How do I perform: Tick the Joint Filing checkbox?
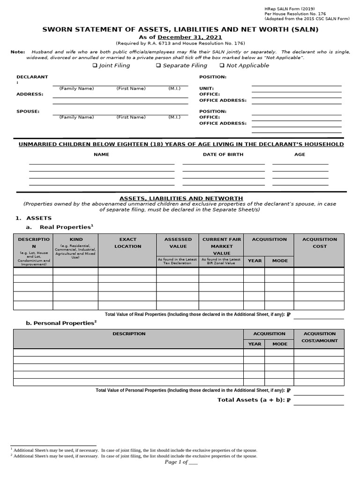tap(95, 66)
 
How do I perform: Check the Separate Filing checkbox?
tap(158, 66)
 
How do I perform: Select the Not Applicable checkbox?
tap(222, 66)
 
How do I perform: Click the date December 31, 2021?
tap(190, 37)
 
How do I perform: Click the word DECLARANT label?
tap(32, 77)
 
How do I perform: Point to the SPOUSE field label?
tap(28, 112)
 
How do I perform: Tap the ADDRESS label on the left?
tap(30, 94)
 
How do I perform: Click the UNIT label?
tap(206, 89)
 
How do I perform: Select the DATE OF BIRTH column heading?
tap(223, 154)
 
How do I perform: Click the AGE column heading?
tap(300, 154)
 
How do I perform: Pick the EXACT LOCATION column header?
tap(127, 243)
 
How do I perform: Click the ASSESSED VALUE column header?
tap(178, 243)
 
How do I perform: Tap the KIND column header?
tap(75, 240)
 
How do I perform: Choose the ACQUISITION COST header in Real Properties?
tap(319, 243)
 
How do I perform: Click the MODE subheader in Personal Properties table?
tap(279, 344)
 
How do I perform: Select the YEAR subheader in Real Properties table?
tap(255, 261)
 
